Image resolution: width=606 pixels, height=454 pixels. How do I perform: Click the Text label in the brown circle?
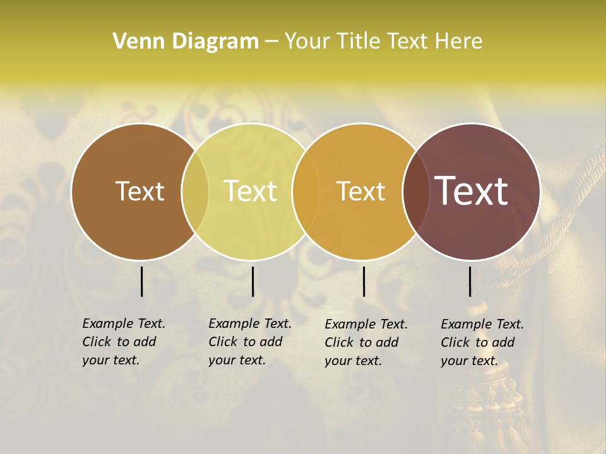coord(140,191)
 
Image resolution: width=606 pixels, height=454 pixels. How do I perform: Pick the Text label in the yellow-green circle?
coord(251,191)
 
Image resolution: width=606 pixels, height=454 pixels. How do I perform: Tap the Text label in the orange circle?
coord(361,191)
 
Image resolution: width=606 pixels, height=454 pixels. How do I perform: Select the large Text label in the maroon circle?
coord(472,191)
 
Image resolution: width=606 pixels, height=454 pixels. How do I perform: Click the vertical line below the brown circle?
coord(142,281)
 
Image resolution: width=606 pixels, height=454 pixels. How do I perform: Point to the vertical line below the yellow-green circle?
coord(252,281)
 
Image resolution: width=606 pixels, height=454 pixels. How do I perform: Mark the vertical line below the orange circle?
coord(364,281)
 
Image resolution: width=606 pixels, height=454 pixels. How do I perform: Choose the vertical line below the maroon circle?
coord(470,281)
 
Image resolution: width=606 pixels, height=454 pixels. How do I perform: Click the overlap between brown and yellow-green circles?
coord(195,192)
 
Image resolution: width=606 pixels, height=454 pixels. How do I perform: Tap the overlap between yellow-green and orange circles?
coord(306,192)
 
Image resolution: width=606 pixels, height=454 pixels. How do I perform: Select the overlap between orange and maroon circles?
coord(416,192)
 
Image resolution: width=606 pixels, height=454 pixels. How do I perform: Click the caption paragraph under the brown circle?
coord(123,342)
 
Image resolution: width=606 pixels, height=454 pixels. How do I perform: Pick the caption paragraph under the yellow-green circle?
coord(249,342)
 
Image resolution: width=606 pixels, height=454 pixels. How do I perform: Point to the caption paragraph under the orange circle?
coord(365,342)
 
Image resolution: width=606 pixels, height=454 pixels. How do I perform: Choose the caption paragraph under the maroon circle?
coord(482,342)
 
